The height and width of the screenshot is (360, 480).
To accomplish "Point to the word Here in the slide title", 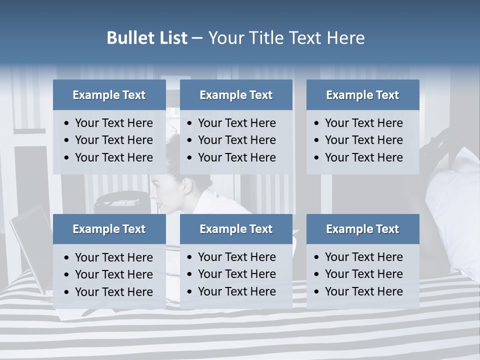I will point(345,38).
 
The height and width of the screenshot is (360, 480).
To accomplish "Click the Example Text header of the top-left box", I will point(109,95).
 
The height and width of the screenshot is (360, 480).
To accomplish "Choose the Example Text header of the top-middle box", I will point(236,95).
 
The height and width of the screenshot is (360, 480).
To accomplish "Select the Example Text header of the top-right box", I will point(362,95).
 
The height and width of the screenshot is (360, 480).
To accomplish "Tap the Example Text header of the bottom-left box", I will point(109,229).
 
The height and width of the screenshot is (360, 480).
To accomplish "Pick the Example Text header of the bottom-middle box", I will point(236,229).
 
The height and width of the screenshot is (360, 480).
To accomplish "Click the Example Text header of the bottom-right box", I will point(362,229).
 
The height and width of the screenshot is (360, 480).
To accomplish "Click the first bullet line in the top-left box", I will point(113,123).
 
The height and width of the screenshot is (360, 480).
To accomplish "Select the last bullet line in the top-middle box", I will point(236,157).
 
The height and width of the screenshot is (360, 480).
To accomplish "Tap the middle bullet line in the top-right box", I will point(363,140).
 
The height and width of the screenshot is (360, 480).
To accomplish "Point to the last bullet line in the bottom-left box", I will point(113,291).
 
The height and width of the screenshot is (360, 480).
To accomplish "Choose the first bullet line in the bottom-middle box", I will point(236,257).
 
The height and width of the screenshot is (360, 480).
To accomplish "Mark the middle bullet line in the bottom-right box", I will point(363,274).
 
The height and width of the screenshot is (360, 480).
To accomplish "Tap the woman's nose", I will point(152,196).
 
